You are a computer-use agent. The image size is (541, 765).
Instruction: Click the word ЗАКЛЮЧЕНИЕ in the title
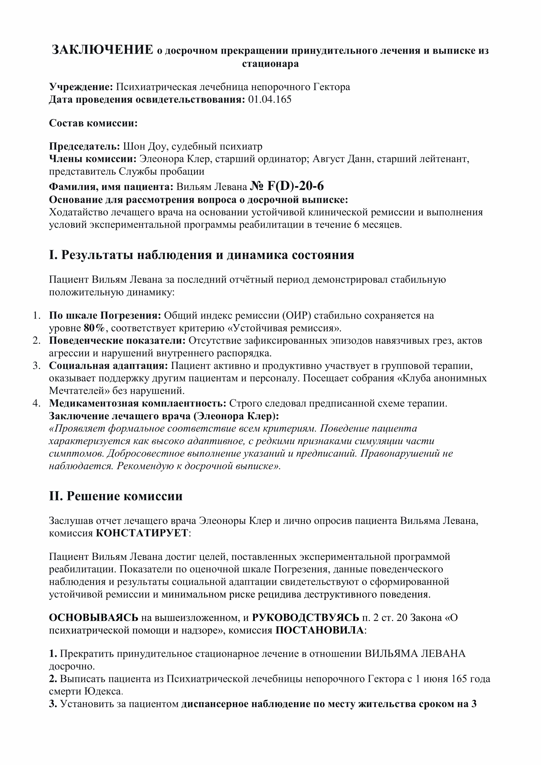pyautogui.click(x=102, y=50)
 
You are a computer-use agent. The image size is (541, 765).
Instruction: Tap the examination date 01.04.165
pyautogui.click(x=270, y=100)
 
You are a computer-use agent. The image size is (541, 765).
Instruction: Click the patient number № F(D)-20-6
pyautogui.click(x=287, y=186)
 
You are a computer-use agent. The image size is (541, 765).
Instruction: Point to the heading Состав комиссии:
pyautogui.click(x=93, y=123)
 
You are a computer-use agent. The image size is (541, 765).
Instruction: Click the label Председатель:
pyautogui.click(x=85, y=146)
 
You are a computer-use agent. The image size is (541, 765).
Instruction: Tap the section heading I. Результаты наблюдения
pyautogui.click(x=201, y=255)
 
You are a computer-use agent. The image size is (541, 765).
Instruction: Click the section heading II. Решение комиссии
pyautogui.click(x=115, y=496)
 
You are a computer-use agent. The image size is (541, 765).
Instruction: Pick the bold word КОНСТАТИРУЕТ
pyautogui.click(x=142, y=533)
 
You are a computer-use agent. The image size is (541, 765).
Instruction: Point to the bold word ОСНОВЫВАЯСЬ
pyautogui.click(x=94, y=618)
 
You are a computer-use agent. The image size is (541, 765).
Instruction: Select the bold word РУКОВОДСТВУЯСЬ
pyautogui.click(x=305, y=618)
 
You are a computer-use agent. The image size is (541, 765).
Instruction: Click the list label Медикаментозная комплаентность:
pyautogui.click(x=138, y=404)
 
